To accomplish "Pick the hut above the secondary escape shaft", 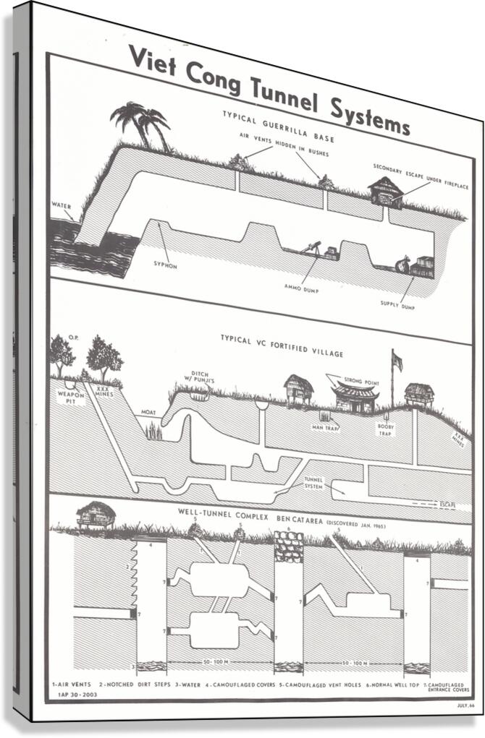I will click(x=385, y=192).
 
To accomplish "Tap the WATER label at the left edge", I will click(x=61, y=205).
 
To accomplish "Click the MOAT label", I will click(x=149, y=412).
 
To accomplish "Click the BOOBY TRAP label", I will click(x=385, y=429).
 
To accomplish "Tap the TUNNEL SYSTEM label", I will click(x=314, y=482).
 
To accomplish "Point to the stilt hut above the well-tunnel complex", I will click(x=96, y=514).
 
